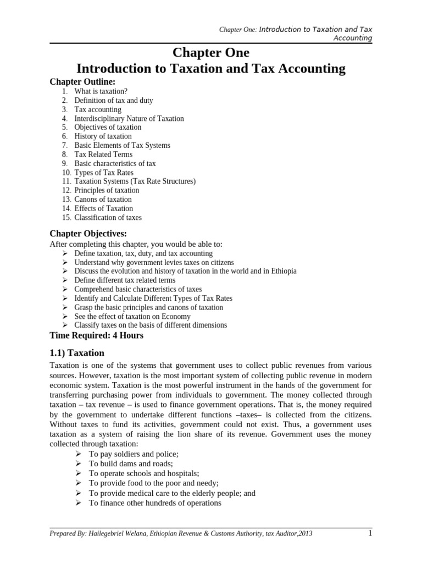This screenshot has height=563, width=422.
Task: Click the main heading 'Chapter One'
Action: coord(211,53)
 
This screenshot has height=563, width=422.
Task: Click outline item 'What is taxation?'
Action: coord(102,91)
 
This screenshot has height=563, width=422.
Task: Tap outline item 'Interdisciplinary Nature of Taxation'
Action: coord(129,118)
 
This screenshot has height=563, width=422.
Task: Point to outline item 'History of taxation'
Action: coord(103,136)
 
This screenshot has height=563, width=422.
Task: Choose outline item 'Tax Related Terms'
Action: coord(103,154)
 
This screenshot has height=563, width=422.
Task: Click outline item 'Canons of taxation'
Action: coord(103,199)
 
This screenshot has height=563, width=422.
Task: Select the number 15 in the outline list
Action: coord(66,217)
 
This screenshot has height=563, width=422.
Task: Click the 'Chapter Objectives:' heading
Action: coord(88,234)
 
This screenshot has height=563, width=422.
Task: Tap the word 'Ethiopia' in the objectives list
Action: coord(283,271)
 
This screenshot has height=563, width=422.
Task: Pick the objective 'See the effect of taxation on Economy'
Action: coord(132,316)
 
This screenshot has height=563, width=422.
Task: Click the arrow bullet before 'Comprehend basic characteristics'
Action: coord(64,289)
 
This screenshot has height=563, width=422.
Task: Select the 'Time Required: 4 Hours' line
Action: coord(96,335)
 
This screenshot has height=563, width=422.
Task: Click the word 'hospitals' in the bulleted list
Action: coord(182,473)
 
